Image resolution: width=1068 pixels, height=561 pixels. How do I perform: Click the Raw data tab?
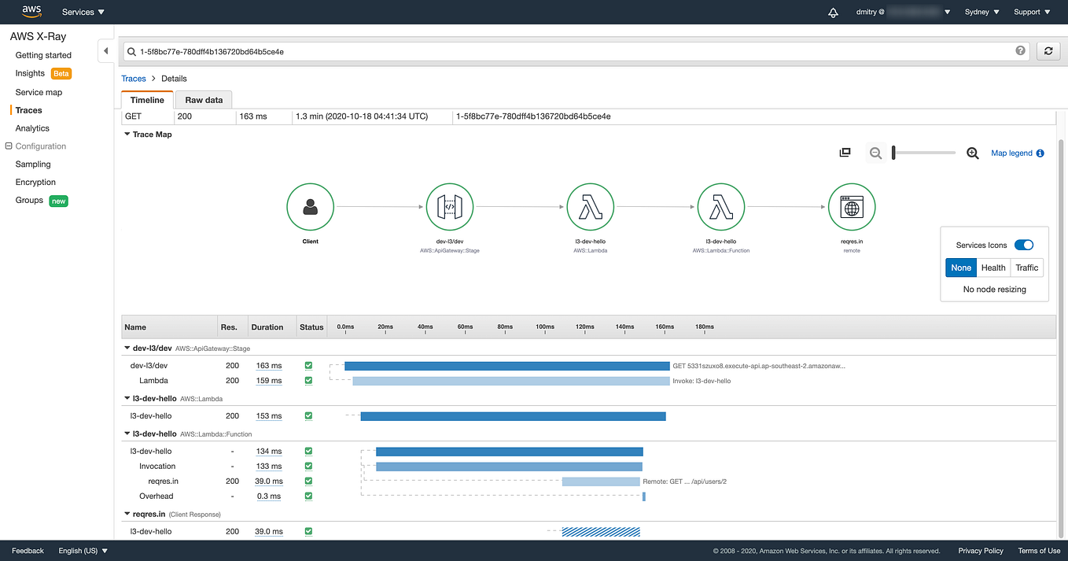pyautogui.click(x=204, y=100)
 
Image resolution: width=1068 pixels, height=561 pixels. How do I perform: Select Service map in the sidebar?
pyautogui.click(x=39, y=92)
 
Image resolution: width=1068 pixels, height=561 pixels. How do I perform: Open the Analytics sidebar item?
pyautogui.click(x=32, y=128)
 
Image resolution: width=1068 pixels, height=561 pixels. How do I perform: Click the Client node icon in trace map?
pyautogui.click(x=310, y=207)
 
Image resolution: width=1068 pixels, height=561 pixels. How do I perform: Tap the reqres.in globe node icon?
pyautogui.click(x=851, y=207)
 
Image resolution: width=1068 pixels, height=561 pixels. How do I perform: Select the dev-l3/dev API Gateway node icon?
pyautogui.click(x=449, y=207)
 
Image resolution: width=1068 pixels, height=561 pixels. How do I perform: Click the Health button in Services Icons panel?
pyautogui.click(x=993, y=268)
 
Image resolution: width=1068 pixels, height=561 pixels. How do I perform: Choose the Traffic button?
pyautogui.click(x=1026, y=268)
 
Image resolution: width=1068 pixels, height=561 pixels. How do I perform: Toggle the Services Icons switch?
pyautogui.click(x=1023, y=245)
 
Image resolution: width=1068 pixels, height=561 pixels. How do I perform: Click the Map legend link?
pyautogui.click(x=1011, y=153)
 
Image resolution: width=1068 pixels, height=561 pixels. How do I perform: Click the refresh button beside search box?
pyautogui.click(x=1048, y=51)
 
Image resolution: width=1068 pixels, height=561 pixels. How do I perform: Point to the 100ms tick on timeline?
pyautogui.click(x=545, y=327)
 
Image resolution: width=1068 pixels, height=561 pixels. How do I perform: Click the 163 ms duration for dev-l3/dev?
pyautogui.click(x=269, y=366)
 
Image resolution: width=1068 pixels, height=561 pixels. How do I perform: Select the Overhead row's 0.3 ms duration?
pyautogui.click(x=269, y=496)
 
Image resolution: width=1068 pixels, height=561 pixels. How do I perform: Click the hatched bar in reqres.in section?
pyautogui.click(x=601, y=532)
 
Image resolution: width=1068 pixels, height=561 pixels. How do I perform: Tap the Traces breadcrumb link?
pyautogui.click(x=134, y=79)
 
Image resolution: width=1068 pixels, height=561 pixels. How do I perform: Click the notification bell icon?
pyautogui.click(x=833, y=12)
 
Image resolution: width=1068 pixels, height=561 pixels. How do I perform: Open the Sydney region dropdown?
pyautogui.click(x=981, y=12)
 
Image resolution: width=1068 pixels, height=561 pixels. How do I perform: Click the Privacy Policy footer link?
pyautogui.click(x=980, y=551)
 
